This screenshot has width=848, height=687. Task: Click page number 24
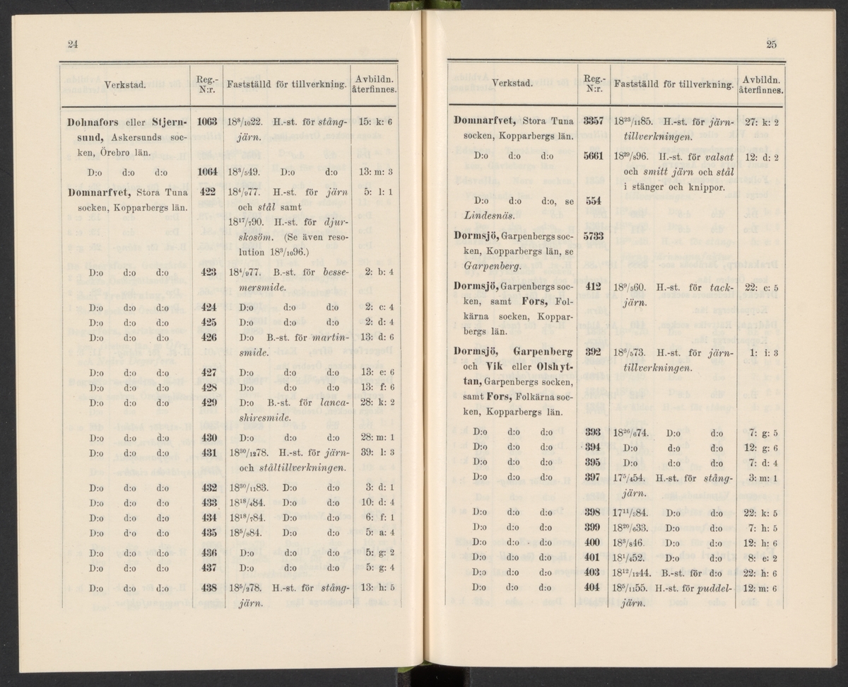click(72, 45)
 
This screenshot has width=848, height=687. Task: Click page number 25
click(771, 45)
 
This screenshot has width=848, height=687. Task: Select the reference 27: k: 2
click(760, 121)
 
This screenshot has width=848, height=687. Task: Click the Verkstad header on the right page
click(512, 83)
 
